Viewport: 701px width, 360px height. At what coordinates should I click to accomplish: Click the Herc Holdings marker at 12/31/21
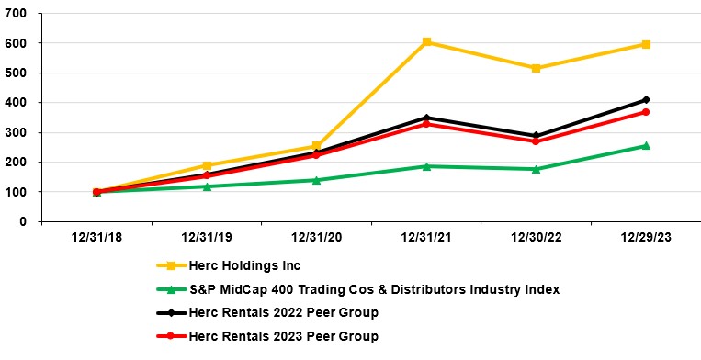tap(426, 42)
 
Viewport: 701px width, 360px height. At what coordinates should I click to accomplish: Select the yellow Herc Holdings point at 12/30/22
tap(536, 68)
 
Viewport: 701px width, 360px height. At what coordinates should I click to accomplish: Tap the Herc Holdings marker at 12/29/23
tap(646, 44)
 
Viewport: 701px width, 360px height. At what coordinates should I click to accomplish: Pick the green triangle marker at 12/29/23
tap(646, 145)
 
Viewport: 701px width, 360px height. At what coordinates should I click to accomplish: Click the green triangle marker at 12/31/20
tap(316, 180)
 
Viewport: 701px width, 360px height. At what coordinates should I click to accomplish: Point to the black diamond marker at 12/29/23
tap(646, 99)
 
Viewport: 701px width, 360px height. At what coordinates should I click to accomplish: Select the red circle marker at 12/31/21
tap(426, 123)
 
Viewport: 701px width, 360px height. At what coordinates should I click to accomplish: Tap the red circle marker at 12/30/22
tap(536, 141)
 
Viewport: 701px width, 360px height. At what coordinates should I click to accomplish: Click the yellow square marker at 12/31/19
tap(207, 166)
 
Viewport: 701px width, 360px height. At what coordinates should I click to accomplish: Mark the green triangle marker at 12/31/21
tap(426, 166)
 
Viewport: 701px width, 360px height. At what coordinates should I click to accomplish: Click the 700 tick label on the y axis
tap(17, 13)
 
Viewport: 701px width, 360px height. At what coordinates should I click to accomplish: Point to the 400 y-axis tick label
tap(17, 102)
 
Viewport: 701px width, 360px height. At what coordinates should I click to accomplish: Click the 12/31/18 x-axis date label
tap(96, 237)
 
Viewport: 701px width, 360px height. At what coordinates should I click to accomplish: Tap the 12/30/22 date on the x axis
tap(536, 237)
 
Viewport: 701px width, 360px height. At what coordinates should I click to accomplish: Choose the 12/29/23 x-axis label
tap(646, 237)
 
